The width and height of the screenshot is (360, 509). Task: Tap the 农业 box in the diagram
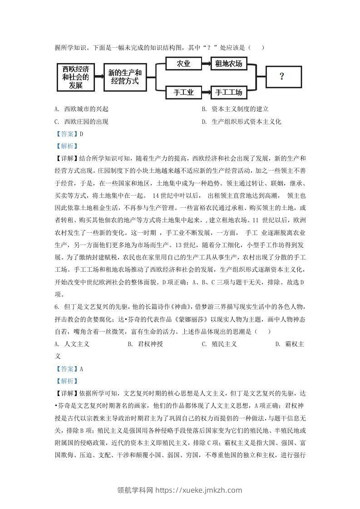click(x=183, y=64)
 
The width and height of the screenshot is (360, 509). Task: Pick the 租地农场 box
click(x=228, y=64)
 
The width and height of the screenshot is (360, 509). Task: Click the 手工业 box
click(x=183, y=93)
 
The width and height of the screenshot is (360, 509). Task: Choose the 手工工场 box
click(x=228, y=93)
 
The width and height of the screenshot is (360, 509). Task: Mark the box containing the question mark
click(x=283, y=77)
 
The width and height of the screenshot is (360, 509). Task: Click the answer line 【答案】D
click(x=69, y=134)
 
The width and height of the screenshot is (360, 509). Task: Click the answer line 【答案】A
click(x=69, y=369)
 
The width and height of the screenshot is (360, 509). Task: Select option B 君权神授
click(x=145, y=344)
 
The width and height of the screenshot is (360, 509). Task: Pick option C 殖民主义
click(x=219, y=344)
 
